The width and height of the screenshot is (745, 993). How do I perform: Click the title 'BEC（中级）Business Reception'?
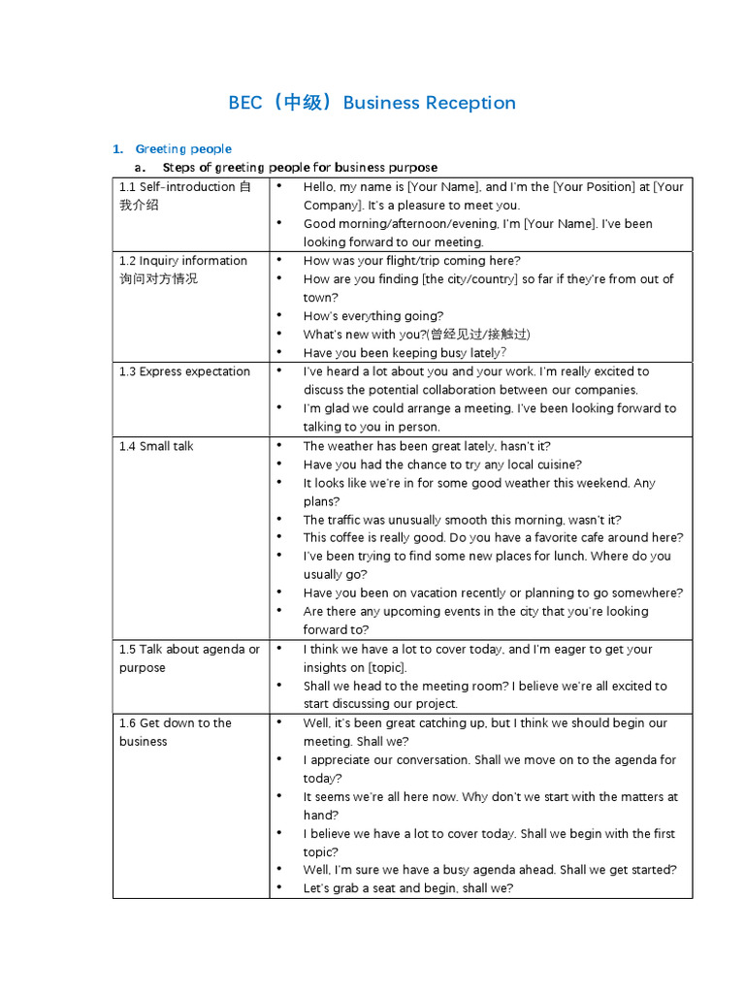point(372,103)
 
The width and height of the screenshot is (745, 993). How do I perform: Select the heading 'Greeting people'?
point(183,148)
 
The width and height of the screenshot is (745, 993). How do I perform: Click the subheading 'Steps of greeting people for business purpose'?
point(300,168)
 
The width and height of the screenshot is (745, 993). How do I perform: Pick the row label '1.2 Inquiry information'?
point(183,261)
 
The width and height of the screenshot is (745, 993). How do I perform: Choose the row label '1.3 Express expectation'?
point(184,371)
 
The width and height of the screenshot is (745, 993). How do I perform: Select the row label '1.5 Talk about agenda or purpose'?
point(189,650)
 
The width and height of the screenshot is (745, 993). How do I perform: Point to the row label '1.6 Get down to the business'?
point(176,723)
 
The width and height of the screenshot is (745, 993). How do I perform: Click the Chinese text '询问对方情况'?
point(158,279)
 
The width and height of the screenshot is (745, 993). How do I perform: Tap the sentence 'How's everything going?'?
point(373,316)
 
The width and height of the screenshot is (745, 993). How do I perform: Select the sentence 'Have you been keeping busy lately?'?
point(405,353)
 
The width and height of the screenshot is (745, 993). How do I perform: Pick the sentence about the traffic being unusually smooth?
point(463,520)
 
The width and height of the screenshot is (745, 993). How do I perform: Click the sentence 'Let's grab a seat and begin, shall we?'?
point(408,888)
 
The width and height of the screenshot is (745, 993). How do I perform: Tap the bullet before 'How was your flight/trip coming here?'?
point(278,260)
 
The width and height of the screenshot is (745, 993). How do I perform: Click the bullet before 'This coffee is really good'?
point(278,537)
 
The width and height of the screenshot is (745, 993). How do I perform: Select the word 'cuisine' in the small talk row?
point(557,464)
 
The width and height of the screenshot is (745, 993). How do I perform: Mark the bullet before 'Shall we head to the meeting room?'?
point(278,686)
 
